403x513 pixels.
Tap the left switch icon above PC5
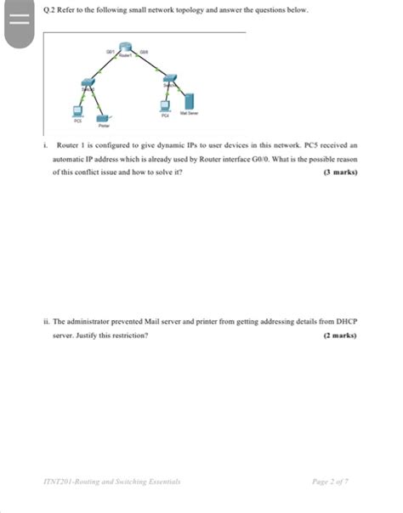(87, 85)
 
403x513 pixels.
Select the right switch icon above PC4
(169, 84)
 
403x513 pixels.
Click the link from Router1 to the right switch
(150, 67)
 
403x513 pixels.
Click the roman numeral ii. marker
(46, 323)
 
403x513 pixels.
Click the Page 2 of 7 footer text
(331, 481)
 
